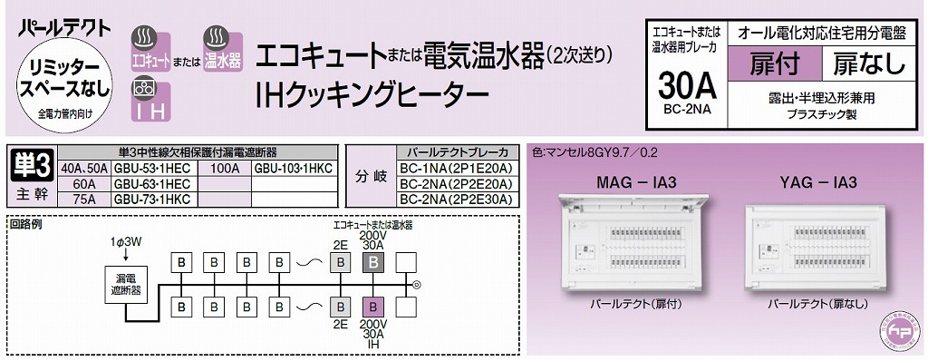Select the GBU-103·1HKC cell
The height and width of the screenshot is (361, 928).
(294, 168)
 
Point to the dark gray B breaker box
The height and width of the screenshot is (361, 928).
(372, 263)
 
